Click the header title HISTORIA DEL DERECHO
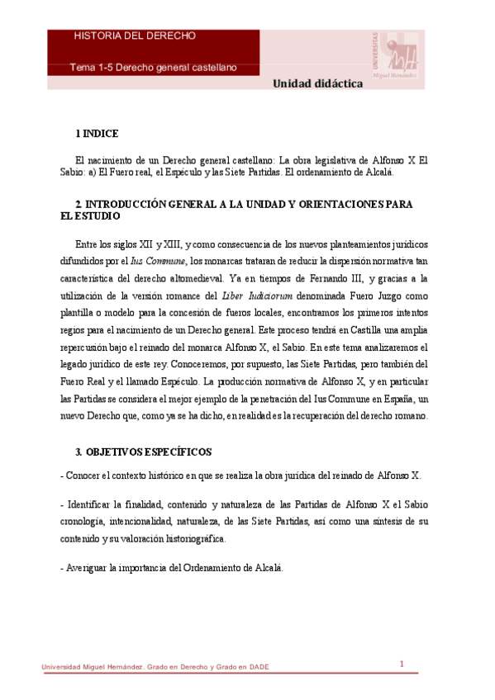click(135, 36)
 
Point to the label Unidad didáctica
click(318, 84)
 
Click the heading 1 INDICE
click(97, 134)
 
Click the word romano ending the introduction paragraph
click(410, 416)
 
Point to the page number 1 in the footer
click(401, 665)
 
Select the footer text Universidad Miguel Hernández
click(90, 668)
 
